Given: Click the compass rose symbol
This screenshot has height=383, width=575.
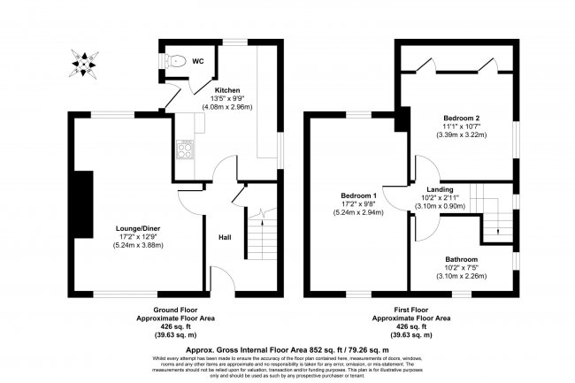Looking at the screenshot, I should [84, 61].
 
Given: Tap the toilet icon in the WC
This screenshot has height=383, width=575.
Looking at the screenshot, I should [177, 61].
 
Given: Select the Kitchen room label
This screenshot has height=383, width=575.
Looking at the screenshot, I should [228, 89].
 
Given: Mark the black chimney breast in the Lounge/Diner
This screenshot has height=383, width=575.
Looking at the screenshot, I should [86, 203].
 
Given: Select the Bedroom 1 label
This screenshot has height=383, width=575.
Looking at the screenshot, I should [360, 195].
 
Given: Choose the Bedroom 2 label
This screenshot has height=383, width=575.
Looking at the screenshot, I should [461, 117].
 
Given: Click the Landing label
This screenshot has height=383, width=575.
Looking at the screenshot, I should [441, 189].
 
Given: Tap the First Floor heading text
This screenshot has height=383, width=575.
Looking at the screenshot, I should [411, 310].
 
